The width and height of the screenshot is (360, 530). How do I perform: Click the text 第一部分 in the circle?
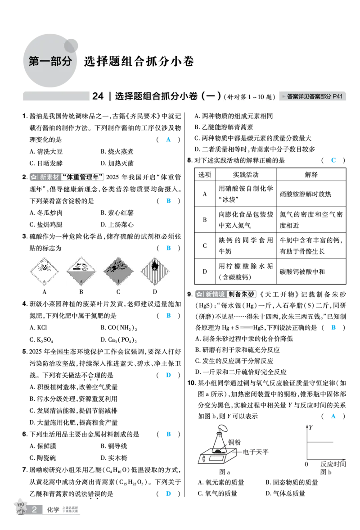pyautogui.click(x=50, y=62)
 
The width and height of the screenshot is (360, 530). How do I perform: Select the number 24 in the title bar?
pyautogui.click(x=98, y=96)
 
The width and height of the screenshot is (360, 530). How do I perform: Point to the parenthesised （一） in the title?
pyautogui.click(x=210, y=96)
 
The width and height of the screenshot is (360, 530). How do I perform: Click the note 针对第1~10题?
pyautogui.click(x=251, y=97)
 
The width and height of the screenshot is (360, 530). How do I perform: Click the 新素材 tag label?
pyautogui.click(x=49, y=177)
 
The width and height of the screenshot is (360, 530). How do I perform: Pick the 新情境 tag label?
pyautogui.click(x=215, y=294)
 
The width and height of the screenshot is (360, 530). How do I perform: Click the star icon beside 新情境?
pyautogui.click(x=199, y=294)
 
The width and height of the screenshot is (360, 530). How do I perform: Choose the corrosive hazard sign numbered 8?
pyautogui.click(x=81, y=272)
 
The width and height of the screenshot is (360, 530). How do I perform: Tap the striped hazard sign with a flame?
pyautogui.click(x=156, y=272)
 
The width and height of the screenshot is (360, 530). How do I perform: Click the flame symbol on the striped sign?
pyautogui.click(x=156, y=266)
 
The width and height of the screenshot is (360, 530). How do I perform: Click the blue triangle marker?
pyautogui.click(x=333, y=417)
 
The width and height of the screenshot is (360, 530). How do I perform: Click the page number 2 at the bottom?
pyautogui.click(x=35, y=509)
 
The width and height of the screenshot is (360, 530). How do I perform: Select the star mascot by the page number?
pyautogui.click(x=19, y=506)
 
